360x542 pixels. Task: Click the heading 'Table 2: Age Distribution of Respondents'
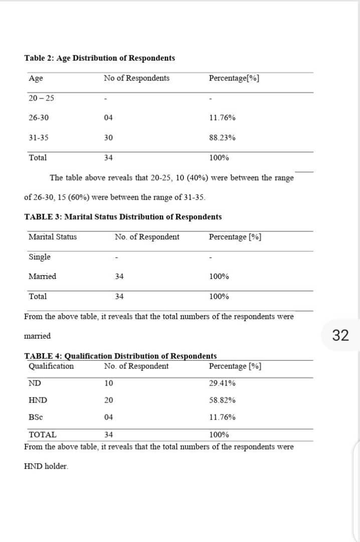click(99, 58)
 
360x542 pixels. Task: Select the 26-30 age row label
click(39, 118)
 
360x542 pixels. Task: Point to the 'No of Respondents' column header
click(136, 78)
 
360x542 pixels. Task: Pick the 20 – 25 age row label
click(41, 98)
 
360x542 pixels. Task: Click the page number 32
click(340, 336)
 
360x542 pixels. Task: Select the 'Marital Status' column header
click(53, 237)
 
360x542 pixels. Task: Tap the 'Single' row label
click(40, 257)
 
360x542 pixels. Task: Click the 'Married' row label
click(43, 277)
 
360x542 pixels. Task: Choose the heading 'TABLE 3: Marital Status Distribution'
click(123, 217)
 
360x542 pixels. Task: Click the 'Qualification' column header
click(51, 366)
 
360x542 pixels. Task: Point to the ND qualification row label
click(35, 383)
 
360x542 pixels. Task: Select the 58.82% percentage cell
click(222, 400)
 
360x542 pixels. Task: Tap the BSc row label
click(36, 417)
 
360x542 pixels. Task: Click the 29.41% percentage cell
click(222, 383)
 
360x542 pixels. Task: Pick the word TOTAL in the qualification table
click(43, 435)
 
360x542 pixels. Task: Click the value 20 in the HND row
click(108, 400)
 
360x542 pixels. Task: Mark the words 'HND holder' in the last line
click(46, 466)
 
